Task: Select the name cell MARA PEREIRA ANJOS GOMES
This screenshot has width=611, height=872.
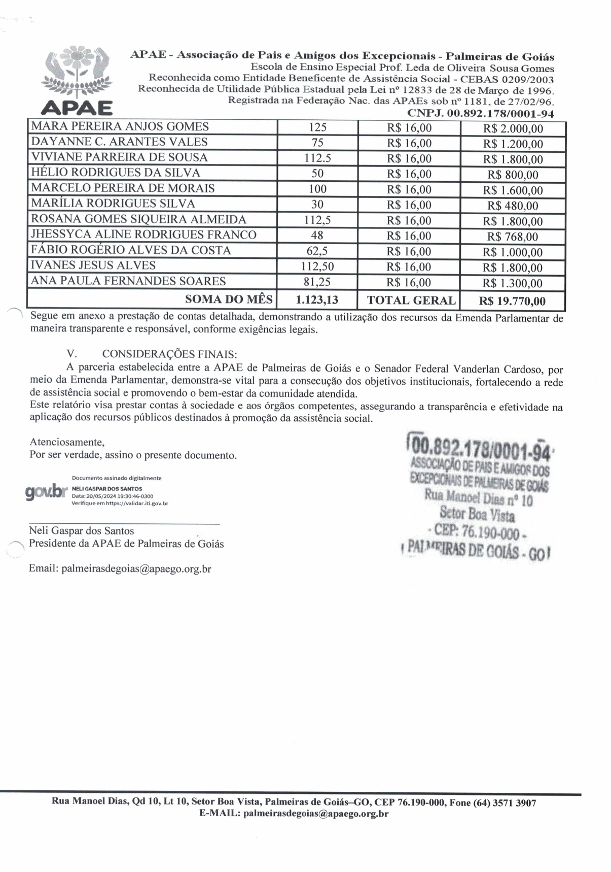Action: tap(120, 126)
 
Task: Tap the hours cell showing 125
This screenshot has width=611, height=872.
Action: tap(317, 127)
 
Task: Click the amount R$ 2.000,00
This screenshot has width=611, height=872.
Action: tap(513, 129)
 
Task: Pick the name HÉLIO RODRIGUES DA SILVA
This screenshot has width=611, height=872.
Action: tap(115, 173)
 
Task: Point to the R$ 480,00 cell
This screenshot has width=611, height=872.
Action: tap(513, 206)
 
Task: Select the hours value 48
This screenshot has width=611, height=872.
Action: tap(317, 236)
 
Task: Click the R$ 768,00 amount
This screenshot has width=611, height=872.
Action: tap(513, 237)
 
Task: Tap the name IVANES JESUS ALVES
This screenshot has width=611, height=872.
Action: tap(93, 265)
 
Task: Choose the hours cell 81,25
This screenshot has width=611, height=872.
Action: tap(317, 282)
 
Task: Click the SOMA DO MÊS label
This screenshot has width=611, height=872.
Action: tap(229, 299)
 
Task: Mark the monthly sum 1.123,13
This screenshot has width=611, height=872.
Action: tap(317, 300)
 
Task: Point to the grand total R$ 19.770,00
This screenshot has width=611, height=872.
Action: tap(512, 301)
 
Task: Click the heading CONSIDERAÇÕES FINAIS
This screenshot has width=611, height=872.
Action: tap(169, 354)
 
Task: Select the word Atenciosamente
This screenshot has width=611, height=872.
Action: tap(67, 442)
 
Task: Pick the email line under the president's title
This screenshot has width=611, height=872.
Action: tap(120, 568)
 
